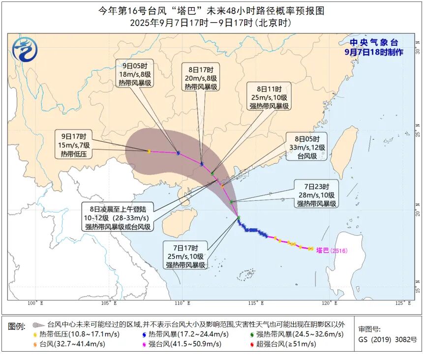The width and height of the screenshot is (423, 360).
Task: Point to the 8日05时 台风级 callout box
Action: [306, 147]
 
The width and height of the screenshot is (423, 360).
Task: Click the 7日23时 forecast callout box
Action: [316, 194]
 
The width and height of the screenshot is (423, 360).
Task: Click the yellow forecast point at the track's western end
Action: [149, 151]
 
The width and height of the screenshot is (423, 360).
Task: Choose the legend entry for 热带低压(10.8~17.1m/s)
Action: [78, 334]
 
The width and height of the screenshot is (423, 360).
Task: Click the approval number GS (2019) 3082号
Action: [387, 339]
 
